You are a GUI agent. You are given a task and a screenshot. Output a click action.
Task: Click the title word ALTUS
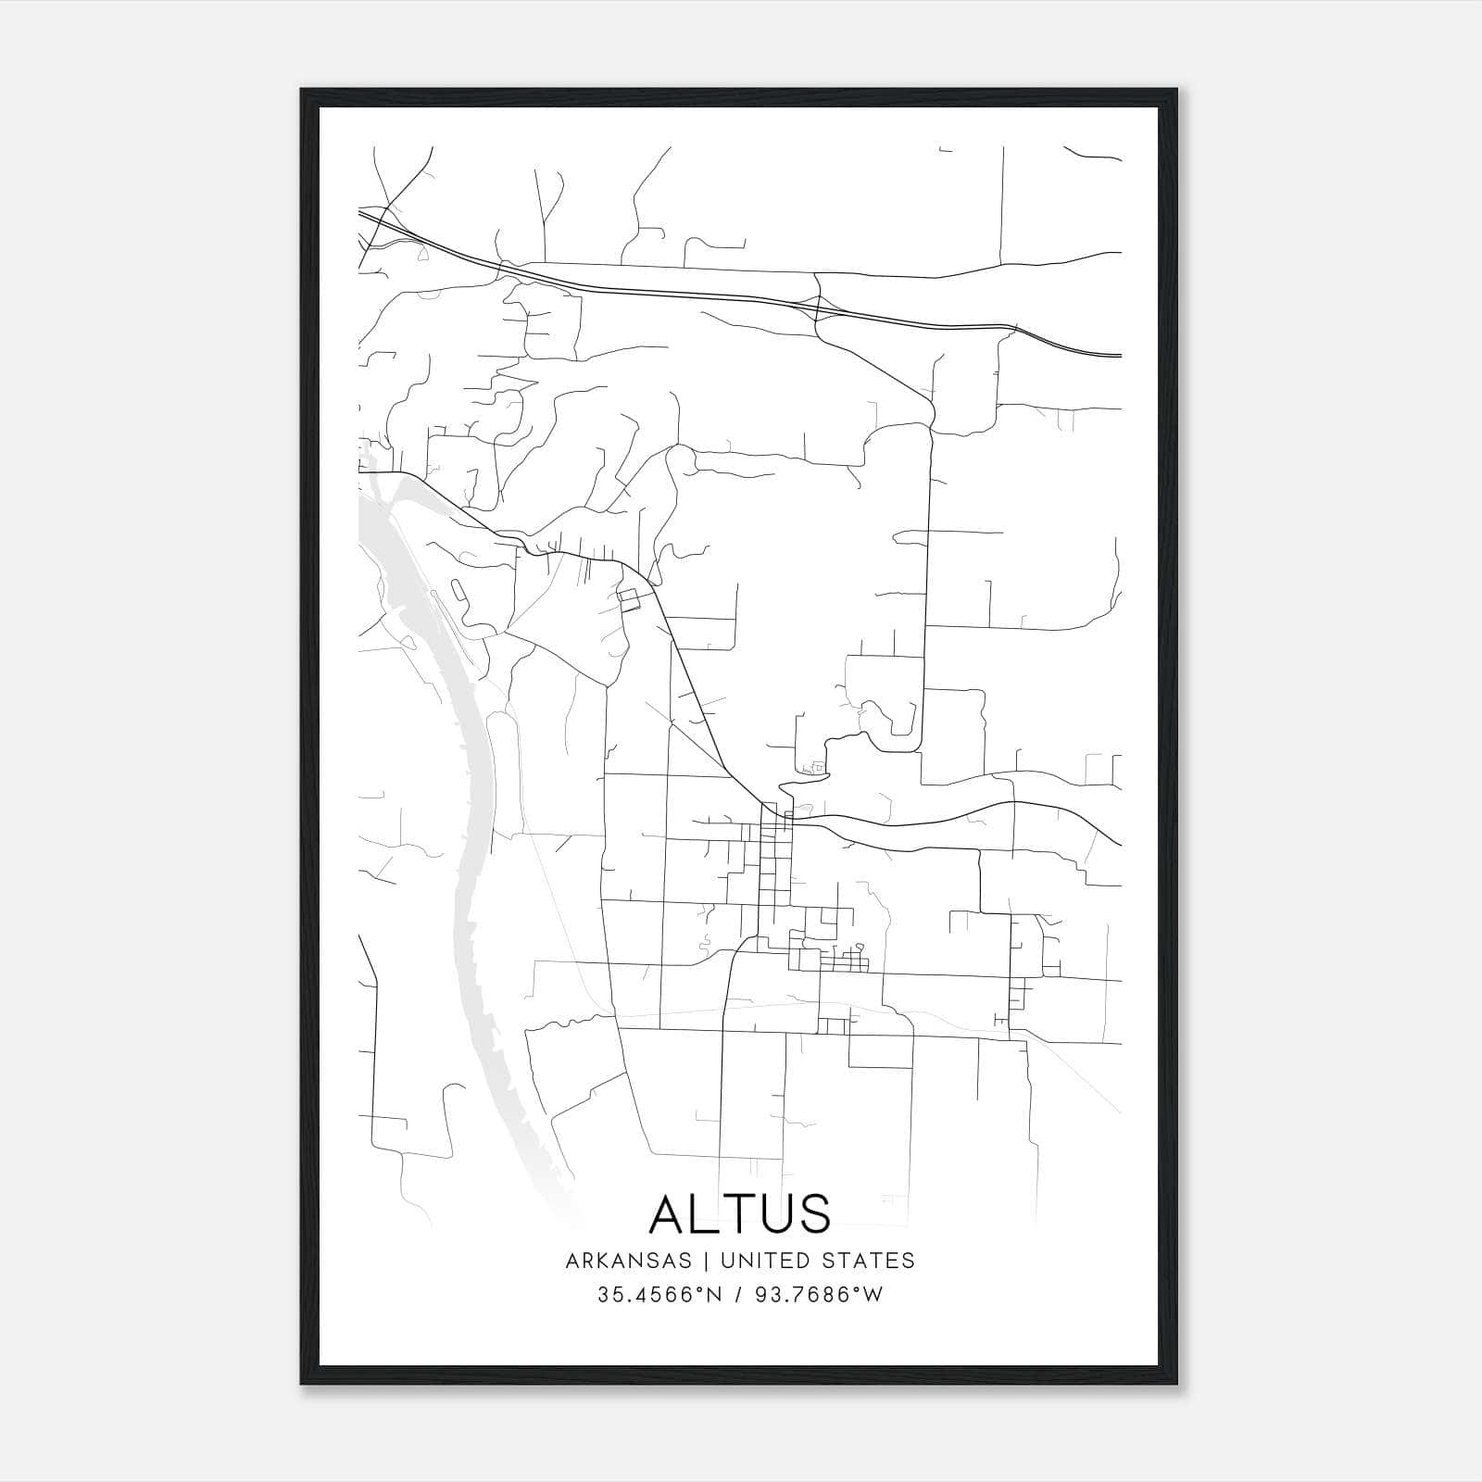[740, 1213]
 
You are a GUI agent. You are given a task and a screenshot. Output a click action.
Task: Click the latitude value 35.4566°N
[659, 1296]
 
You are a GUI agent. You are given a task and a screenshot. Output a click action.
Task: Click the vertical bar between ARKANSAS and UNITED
[706, 1261]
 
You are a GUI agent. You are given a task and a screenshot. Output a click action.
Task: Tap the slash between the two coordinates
[739, 1296]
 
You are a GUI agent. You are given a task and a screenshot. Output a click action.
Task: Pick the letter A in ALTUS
[669, 1213]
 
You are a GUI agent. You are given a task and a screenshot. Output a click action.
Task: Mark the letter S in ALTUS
[813, 1213]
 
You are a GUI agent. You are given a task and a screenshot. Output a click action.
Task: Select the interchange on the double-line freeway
[818, 306]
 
